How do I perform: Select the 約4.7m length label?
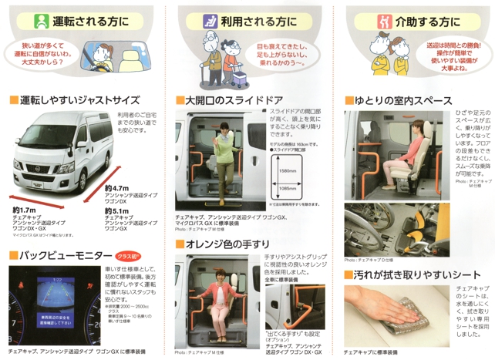click(x=116, y=187)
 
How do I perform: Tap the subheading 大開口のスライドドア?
click(x=232, y=100)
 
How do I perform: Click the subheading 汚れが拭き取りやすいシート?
click(x=412, y=274)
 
